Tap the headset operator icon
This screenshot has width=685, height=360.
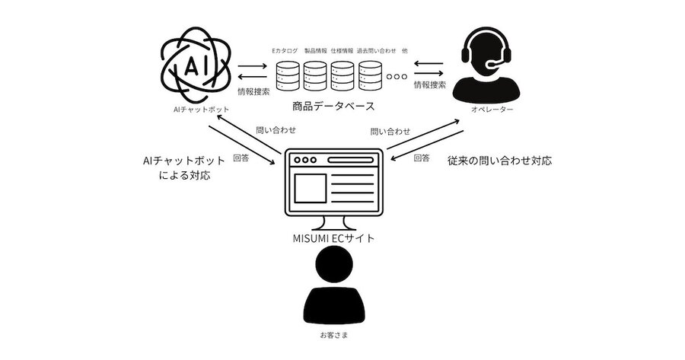coord(486,65)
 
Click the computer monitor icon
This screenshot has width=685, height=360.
coord(334,189)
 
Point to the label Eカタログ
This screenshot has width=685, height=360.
coord(285,51)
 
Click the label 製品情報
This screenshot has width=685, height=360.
coord(315,51)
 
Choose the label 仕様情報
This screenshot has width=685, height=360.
coord(342,51)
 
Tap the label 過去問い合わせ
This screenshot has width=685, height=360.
coord(377,51)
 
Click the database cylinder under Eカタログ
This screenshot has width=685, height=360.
coord(288,75)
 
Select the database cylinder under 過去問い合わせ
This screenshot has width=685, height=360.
coord(371,75)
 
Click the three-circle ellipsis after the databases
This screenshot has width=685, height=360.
coord(397,76)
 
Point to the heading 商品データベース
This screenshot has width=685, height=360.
coord(333,106)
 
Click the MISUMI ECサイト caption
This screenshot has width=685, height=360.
coord(334,238)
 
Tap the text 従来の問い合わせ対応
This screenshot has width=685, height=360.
coord(499,161)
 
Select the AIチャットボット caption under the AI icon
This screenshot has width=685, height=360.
coord(201,110)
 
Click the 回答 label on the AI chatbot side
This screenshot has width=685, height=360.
coord(241,158)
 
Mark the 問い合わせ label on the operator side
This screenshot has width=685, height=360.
coord(390,131)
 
